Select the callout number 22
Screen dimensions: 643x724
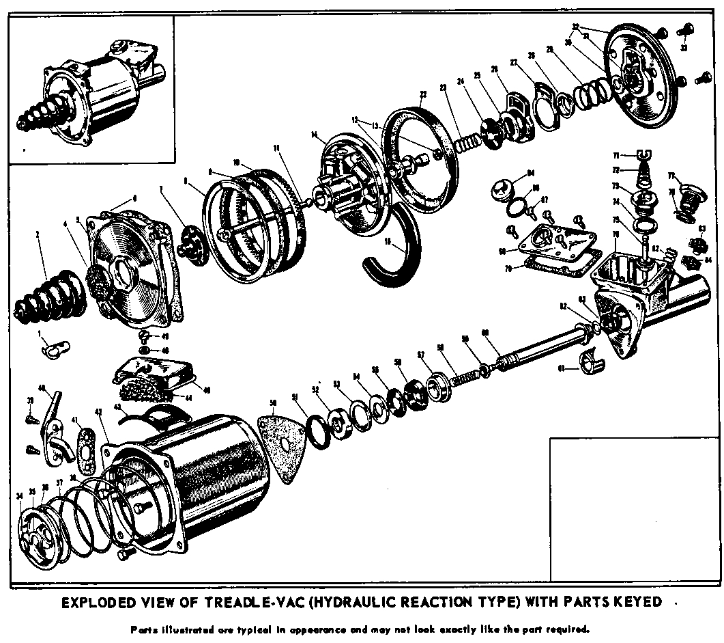(x=424, y=94)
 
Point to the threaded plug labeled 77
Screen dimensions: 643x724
(x=684, y=202)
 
